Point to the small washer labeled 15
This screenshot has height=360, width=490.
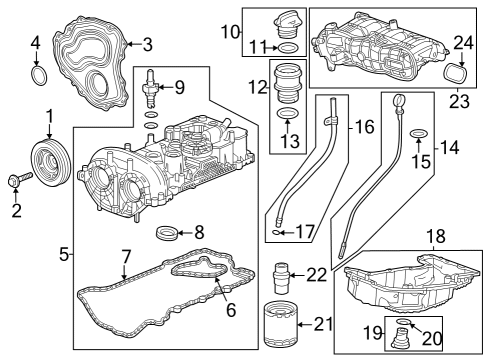tap(420, 134)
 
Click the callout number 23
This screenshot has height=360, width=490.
tap(460, 99)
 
